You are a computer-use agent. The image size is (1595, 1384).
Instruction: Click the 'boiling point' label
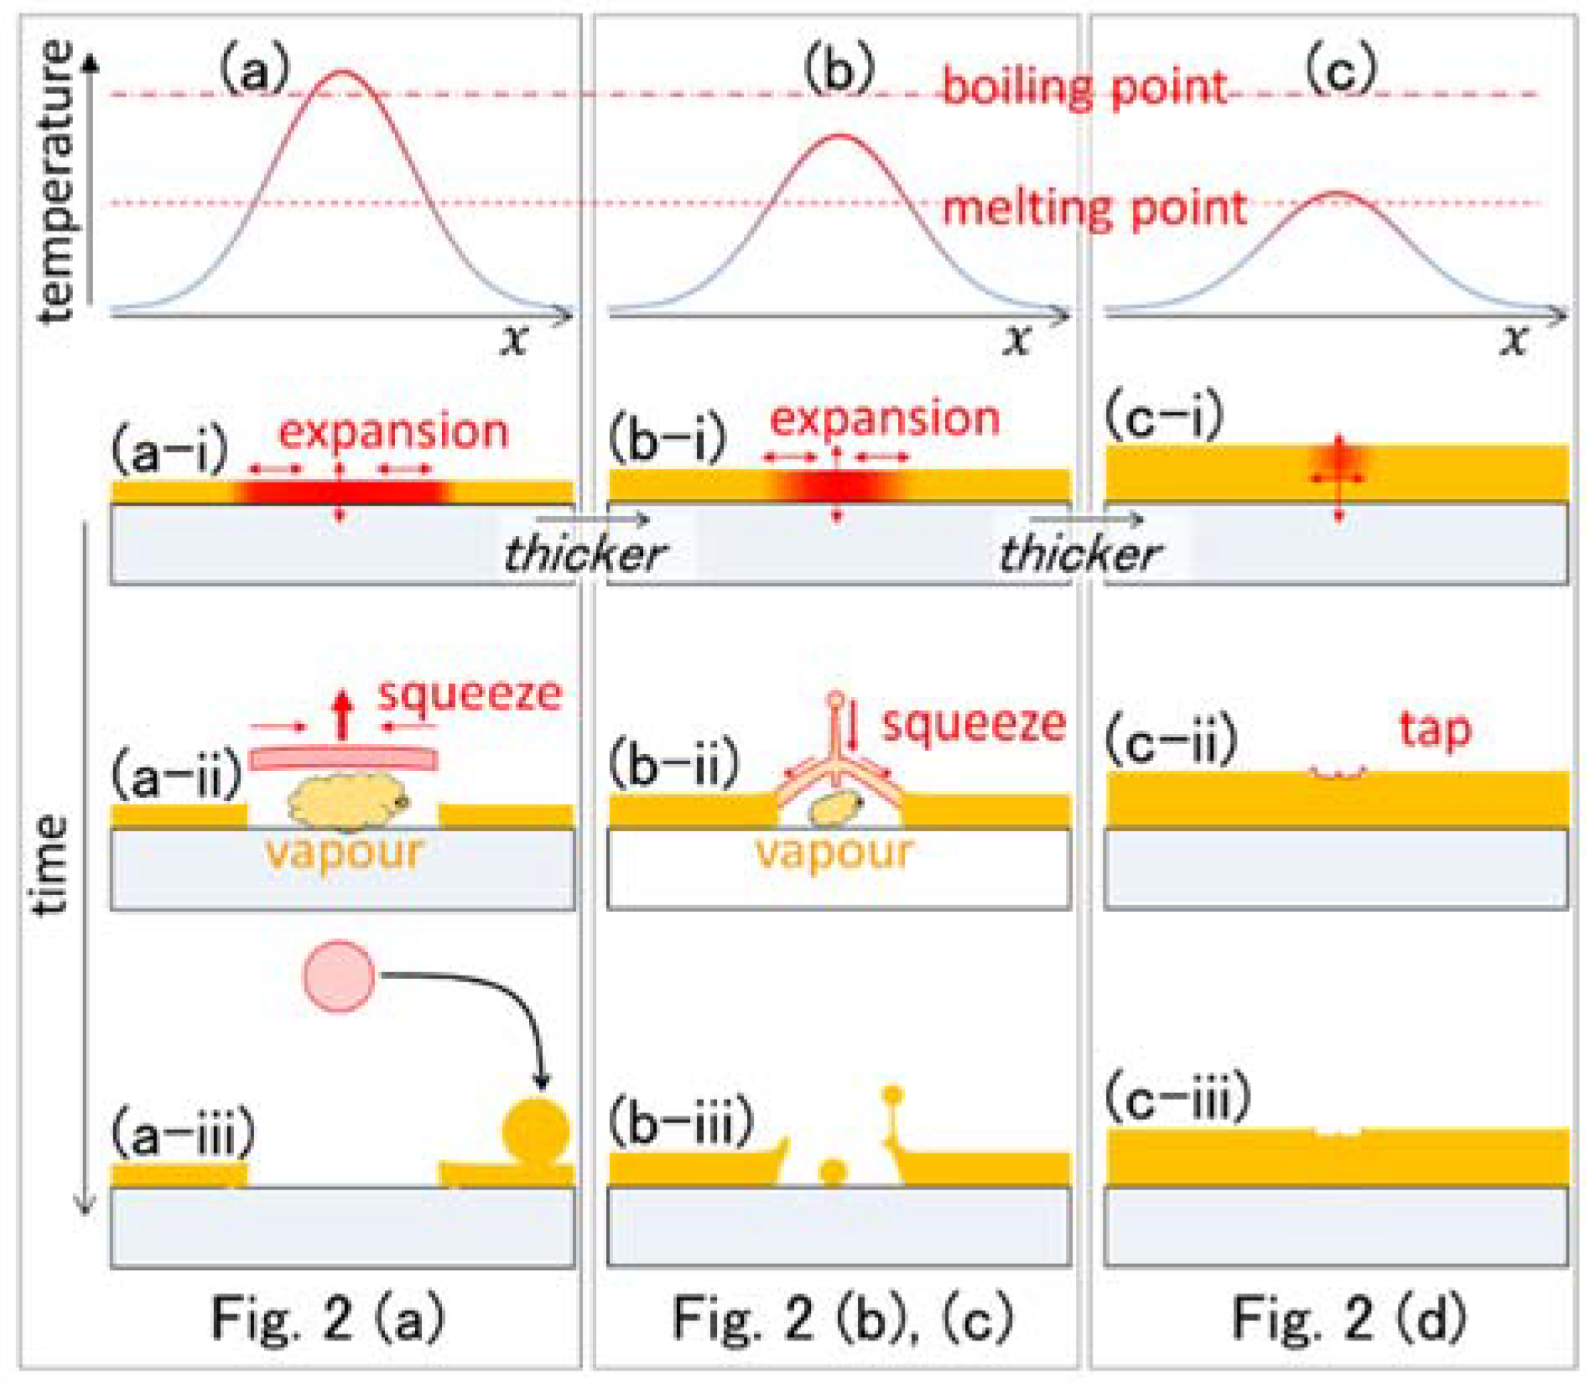click(x=1083, y=86)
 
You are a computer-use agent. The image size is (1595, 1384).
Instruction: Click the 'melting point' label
click(x=1094, y=207)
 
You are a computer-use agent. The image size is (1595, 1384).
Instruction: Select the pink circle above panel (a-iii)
click(x=339, y=976)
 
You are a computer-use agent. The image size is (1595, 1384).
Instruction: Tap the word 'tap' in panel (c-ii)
click(x=1435, y=728)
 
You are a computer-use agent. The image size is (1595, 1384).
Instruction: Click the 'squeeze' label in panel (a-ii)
click(x=470, y=695)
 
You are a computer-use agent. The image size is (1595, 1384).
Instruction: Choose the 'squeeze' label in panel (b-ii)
click(x=974, y=723)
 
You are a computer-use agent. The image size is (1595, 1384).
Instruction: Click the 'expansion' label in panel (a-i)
click(x=393, y=432)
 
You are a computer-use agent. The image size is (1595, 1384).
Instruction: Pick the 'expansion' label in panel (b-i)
click(x=885, y=419)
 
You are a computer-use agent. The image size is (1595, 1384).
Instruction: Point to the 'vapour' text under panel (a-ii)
click(x=345, y=852)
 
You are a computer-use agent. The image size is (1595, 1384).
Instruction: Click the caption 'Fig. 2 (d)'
click(x=1348, y=1318)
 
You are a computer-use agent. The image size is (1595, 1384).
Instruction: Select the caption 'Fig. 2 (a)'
click(x=328, y=1318)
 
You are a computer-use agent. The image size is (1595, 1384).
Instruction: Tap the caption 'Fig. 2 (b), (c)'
click(x=842, y=1318)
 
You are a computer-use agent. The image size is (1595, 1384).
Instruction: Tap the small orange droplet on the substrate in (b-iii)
click(x=833, y=1171)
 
